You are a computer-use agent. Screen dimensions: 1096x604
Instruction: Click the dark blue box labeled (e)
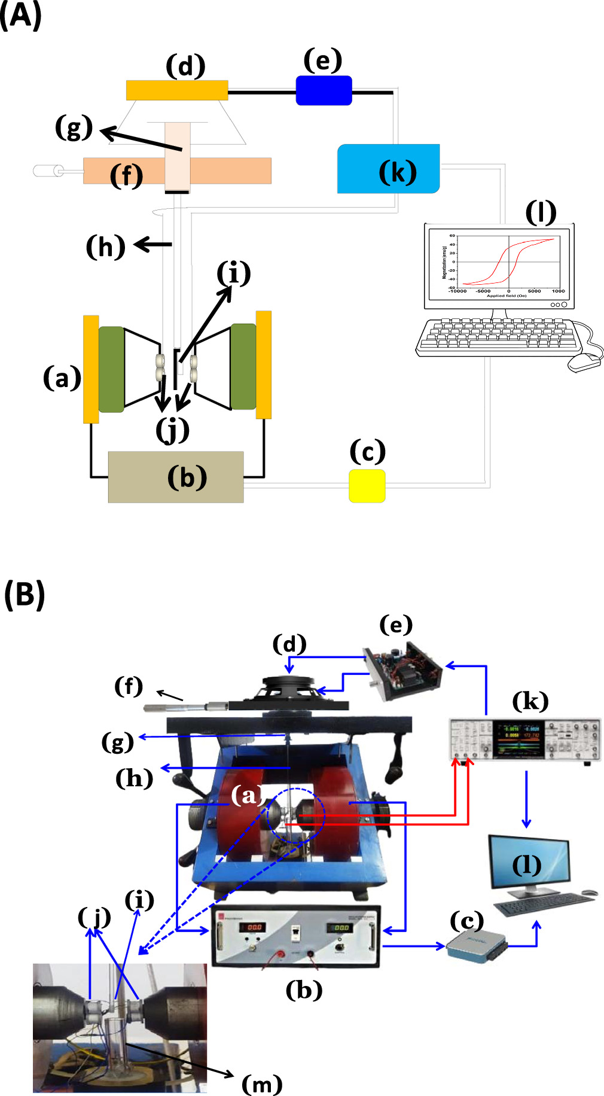pos(324,91)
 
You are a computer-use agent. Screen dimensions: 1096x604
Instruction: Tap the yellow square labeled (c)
pos(367,486)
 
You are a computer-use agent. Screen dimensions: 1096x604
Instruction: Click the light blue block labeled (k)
pos(388,169)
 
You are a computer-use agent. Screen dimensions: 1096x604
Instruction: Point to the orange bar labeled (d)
pos(177,90)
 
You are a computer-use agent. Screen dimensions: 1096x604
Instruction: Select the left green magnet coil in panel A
pos(111,369)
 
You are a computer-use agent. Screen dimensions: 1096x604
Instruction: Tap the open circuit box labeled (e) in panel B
pos(403,670)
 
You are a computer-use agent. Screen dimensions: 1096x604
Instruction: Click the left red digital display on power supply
pos(254,927)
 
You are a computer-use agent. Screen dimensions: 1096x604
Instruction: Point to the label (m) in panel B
pos(262,1083)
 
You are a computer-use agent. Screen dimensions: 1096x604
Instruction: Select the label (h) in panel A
pos(106,246)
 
